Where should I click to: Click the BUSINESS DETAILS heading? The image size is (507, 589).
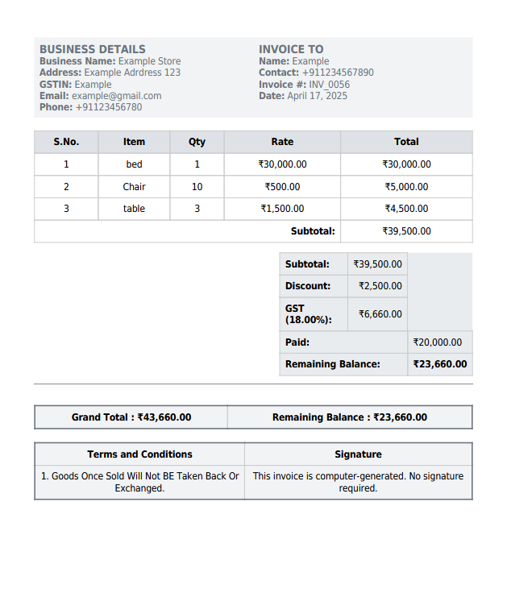point(93,49)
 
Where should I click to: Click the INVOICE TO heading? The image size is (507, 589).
point(291,49)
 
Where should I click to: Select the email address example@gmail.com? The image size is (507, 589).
point(116,96)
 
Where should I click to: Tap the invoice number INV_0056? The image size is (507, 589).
point(329,85)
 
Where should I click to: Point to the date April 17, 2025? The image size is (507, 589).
point(317,96)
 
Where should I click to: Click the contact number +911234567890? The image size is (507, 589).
point(338,73)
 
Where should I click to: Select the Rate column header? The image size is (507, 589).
point(282,142)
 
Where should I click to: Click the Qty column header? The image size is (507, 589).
point(197,142)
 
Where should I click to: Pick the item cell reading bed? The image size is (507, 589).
point(134,164)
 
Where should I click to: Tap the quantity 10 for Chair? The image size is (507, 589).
point(197,187)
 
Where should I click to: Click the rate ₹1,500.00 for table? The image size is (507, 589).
point(282,209)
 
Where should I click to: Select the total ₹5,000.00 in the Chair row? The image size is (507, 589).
point(406,187)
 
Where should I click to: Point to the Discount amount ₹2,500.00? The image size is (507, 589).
point(377,286)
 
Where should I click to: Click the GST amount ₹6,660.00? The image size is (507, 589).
point(377,314)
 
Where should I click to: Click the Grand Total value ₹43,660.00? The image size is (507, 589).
point(164,417)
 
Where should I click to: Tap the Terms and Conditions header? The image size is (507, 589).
point(139,454)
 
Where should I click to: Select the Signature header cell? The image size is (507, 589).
point(358,454)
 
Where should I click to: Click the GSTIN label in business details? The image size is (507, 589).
point(56,85)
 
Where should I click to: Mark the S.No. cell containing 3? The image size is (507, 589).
point(66,209)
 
